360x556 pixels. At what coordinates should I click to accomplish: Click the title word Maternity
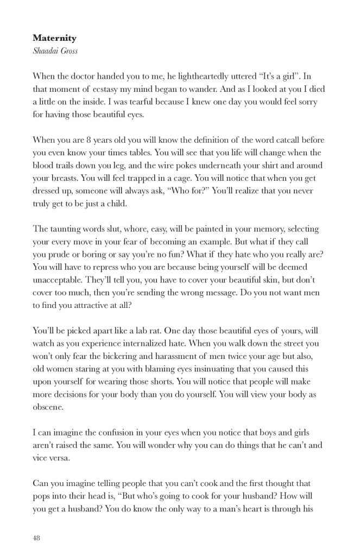[x=54, y=38]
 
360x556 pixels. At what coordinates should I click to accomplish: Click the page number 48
[x=36, y=538]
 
